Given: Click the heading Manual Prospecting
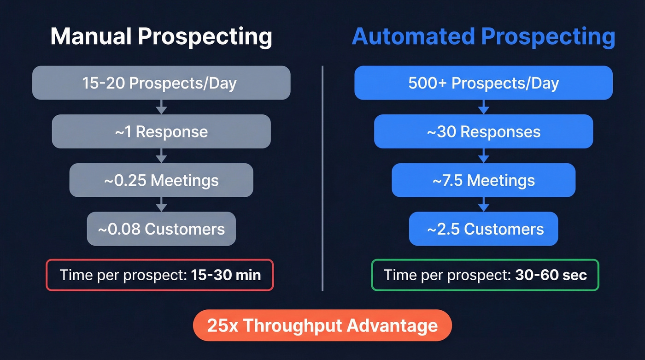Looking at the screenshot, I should [161, 36].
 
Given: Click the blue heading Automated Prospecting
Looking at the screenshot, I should [483, 36].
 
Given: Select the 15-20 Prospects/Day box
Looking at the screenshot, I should [161, 83].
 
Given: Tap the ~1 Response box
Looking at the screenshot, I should [161, 132].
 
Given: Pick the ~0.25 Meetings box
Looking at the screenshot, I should [161, 180].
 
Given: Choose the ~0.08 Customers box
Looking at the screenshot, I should [161, 229].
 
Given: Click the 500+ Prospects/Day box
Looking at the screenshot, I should [483, 83].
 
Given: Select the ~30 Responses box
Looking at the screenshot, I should [483, 132].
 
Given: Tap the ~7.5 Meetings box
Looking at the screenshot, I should [483, 180].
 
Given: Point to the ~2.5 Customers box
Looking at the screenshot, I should [483, 229].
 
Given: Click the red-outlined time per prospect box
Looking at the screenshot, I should [160, 275].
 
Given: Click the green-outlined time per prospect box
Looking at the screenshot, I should [485, 275].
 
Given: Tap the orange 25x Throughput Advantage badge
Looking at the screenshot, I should [322, 325].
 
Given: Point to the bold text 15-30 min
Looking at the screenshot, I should [225, 275].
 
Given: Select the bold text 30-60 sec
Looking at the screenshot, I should [551, 275].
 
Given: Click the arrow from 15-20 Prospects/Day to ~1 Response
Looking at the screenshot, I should [161, 107].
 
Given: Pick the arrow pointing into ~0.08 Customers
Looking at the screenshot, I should [161, 205].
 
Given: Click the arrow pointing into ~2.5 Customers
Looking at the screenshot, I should [483, 205].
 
